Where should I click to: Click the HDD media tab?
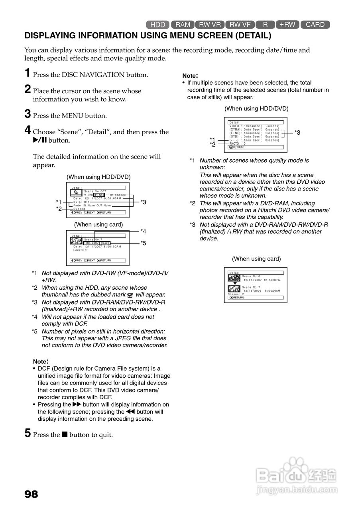158,25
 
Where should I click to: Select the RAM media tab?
183,25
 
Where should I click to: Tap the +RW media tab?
287,25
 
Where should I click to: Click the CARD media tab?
315,25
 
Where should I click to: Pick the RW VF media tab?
240,25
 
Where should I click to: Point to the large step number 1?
27,73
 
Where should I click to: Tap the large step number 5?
28,433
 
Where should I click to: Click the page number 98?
31,494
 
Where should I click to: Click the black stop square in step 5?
65,435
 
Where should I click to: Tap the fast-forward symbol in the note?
77,404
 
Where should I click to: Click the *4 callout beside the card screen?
143,231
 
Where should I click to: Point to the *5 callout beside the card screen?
143,243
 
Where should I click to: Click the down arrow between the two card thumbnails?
235,283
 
